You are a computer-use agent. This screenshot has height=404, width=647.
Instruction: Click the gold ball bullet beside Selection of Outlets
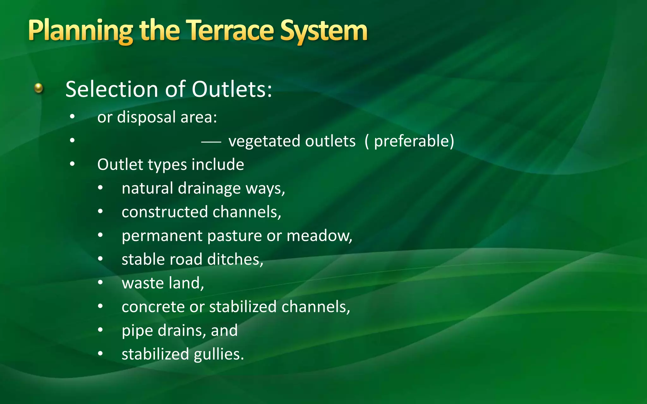click(x=39, y=88)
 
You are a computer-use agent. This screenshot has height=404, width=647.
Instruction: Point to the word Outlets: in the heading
click(x=232, y=89)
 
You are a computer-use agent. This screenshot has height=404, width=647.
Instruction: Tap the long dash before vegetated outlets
click(x=211, y=142)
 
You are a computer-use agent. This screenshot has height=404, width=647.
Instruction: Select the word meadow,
click(x=319, y=236)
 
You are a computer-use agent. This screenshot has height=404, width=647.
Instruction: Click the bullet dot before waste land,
click(x=100, y=282)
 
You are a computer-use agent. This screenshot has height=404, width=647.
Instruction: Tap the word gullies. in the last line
click(x=219, y=354)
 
